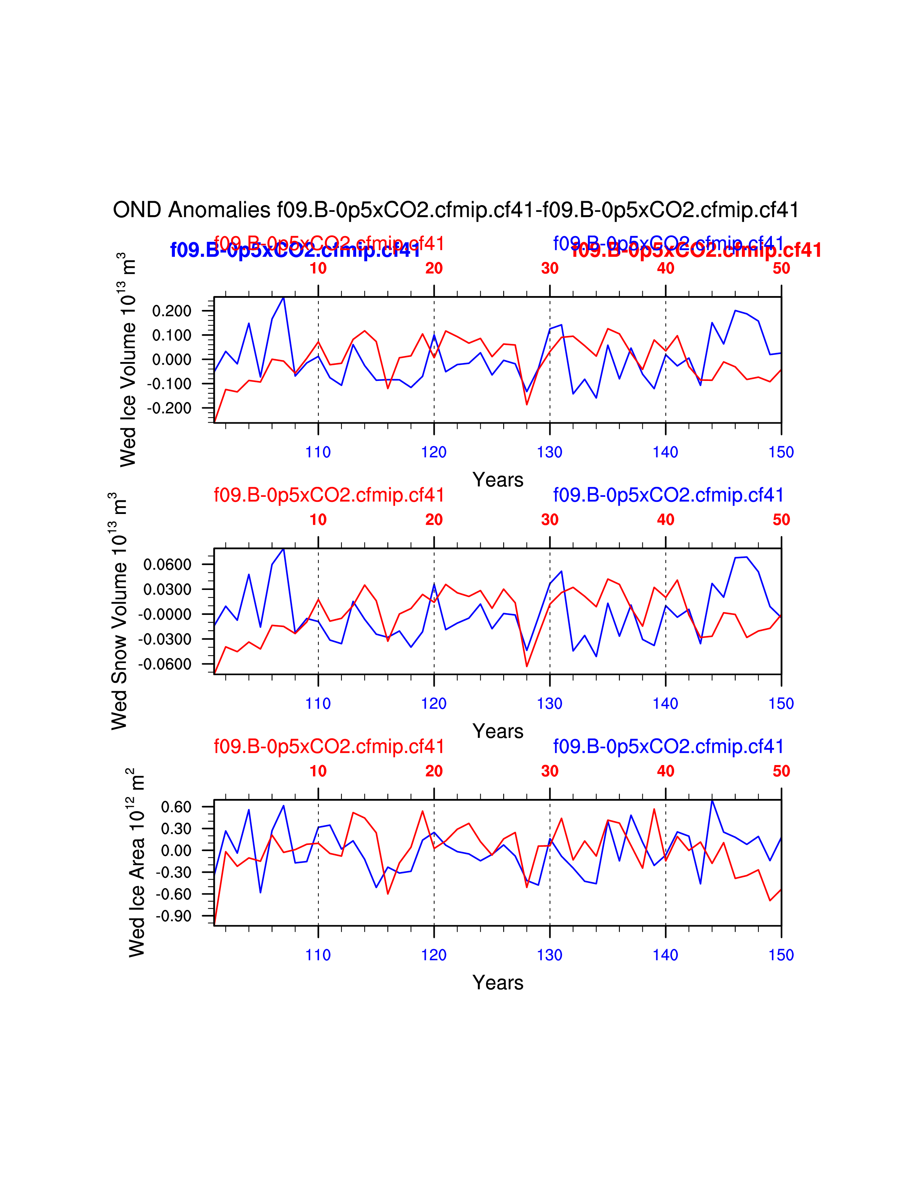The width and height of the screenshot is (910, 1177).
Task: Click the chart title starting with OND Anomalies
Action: (456, 210)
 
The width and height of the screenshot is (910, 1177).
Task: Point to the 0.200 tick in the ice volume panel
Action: (171, 311)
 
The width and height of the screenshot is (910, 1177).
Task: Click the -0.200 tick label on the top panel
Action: (169, 408)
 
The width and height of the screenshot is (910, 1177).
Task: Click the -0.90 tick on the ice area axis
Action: (173, 916)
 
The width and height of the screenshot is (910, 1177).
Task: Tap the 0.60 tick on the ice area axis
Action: (176, 807)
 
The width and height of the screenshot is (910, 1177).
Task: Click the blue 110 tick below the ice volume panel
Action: (318, 452)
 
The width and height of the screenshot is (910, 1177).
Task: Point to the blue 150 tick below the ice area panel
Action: (781, 955)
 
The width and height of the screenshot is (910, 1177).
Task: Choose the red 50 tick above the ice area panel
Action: (781, 771)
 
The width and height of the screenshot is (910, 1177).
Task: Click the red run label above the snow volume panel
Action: (329, 495)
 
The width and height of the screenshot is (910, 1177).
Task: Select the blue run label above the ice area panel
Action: (668, 747)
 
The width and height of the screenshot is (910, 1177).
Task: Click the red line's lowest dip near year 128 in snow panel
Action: (527, 667)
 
